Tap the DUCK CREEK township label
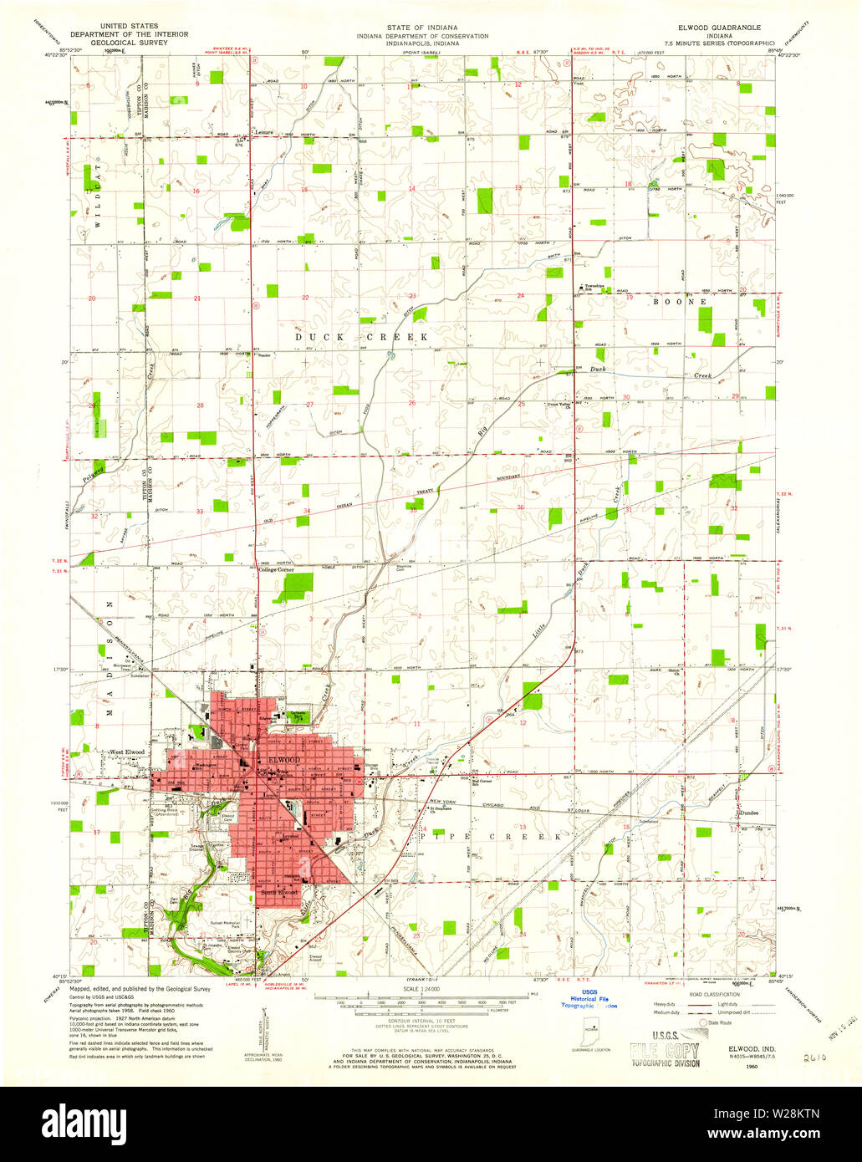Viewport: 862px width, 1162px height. click(x=361, y=336)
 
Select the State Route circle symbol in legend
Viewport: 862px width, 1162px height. click(x=702, y=1022)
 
